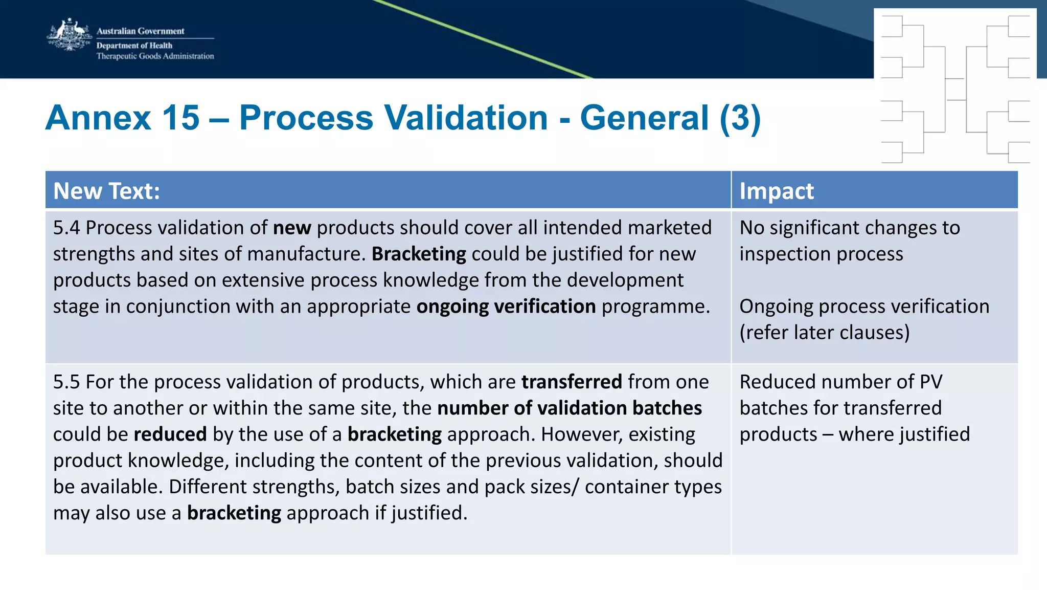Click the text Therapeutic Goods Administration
click(155, 56)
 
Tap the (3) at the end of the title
click(740, 118)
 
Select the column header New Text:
click(106, 191)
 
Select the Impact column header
click(776, 191)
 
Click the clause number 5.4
click(66, 228)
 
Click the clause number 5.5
click(66, 382)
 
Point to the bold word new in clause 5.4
click(292, 228)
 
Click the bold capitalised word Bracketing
click(419, 254)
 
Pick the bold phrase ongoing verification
click(506, 307)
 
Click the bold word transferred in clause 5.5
click(572, 382)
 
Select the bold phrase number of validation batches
click(570, 408)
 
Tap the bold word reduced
click(170, 434)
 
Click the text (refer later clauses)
click(824, 333)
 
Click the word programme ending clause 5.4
click(655, 307)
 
